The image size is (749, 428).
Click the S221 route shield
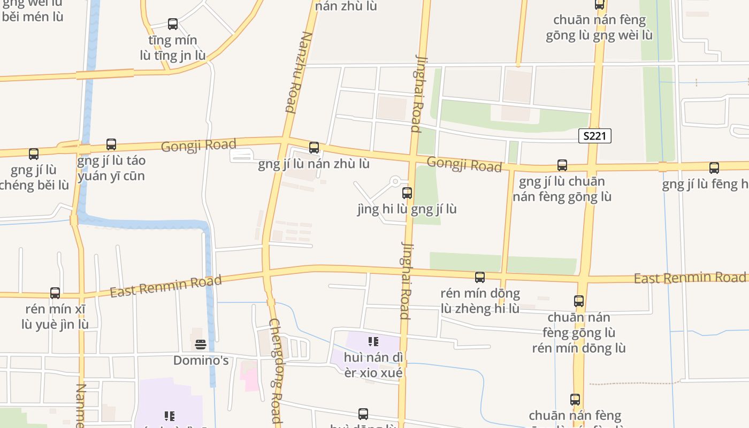click(595, 136)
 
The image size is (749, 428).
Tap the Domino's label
click(201, 361)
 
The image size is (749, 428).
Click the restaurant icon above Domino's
click(201, 344)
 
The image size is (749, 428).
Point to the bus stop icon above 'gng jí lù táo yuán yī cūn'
click(111, 144)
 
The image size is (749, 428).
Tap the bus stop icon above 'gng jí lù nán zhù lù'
click(314, 147)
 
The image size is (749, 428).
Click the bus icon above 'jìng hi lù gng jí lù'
click(407, 193)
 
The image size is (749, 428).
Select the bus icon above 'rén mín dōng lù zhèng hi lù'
click(480, 277)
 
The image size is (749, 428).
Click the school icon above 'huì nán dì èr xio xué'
click(373, 341)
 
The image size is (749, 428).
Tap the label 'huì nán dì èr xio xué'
click(373, 365)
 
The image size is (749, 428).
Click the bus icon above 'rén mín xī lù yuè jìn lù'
click(55, 293)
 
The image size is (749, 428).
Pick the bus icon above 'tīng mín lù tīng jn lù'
click(173, 24)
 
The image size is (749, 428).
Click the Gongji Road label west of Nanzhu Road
click(198, 145)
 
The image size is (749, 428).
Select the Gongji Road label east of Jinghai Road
click(464, 165)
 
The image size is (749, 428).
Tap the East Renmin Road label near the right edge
click(690, 278)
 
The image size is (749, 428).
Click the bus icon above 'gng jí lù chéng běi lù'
click(34, 154)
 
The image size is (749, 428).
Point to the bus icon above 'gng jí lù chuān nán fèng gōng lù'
click(562, 165)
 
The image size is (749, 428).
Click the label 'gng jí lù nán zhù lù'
click(314, 164)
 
